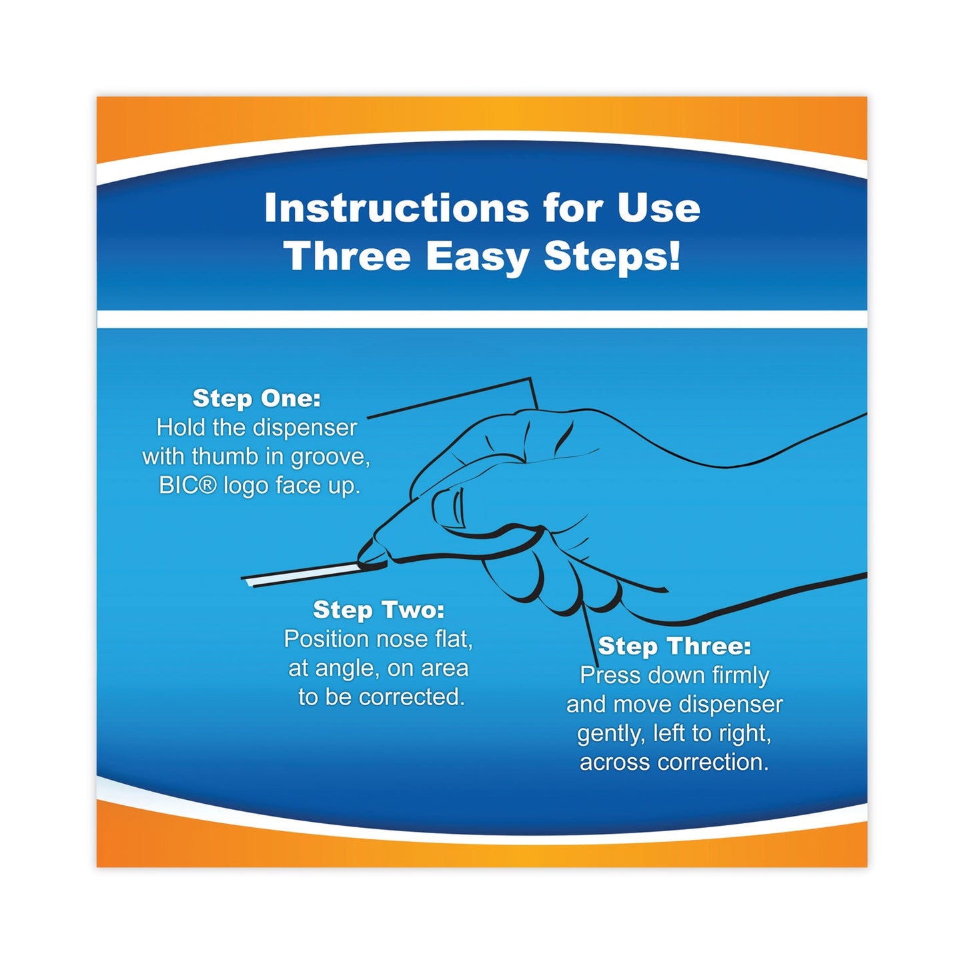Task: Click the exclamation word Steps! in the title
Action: click(x=612, y=256)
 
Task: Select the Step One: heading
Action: click(x=257, y=398)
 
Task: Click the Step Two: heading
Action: click(x=378, y=610)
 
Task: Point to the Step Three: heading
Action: click(x=674, y=646)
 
